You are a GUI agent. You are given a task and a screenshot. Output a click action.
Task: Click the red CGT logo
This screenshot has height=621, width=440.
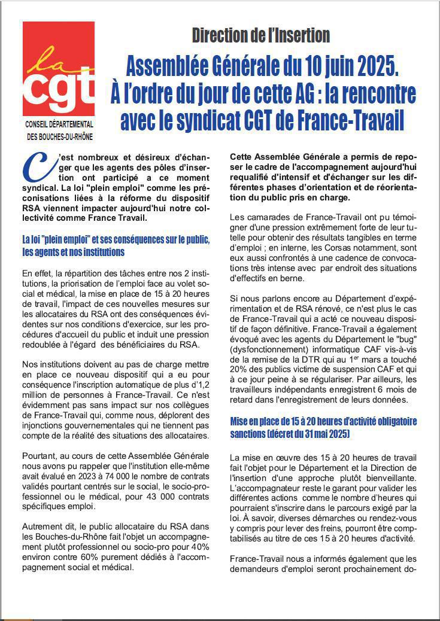[x=58, y=68]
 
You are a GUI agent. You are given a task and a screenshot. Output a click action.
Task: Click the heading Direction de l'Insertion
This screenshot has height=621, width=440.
[x=260, y=35]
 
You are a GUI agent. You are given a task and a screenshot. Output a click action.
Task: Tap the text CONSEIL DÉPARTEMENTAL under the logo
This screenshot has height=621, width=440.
[x=59, y=124]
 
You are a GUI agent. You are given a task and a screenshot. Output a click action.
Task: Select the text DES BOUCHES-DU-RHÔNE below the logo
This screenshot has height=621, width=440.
[x=59, y=136]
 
